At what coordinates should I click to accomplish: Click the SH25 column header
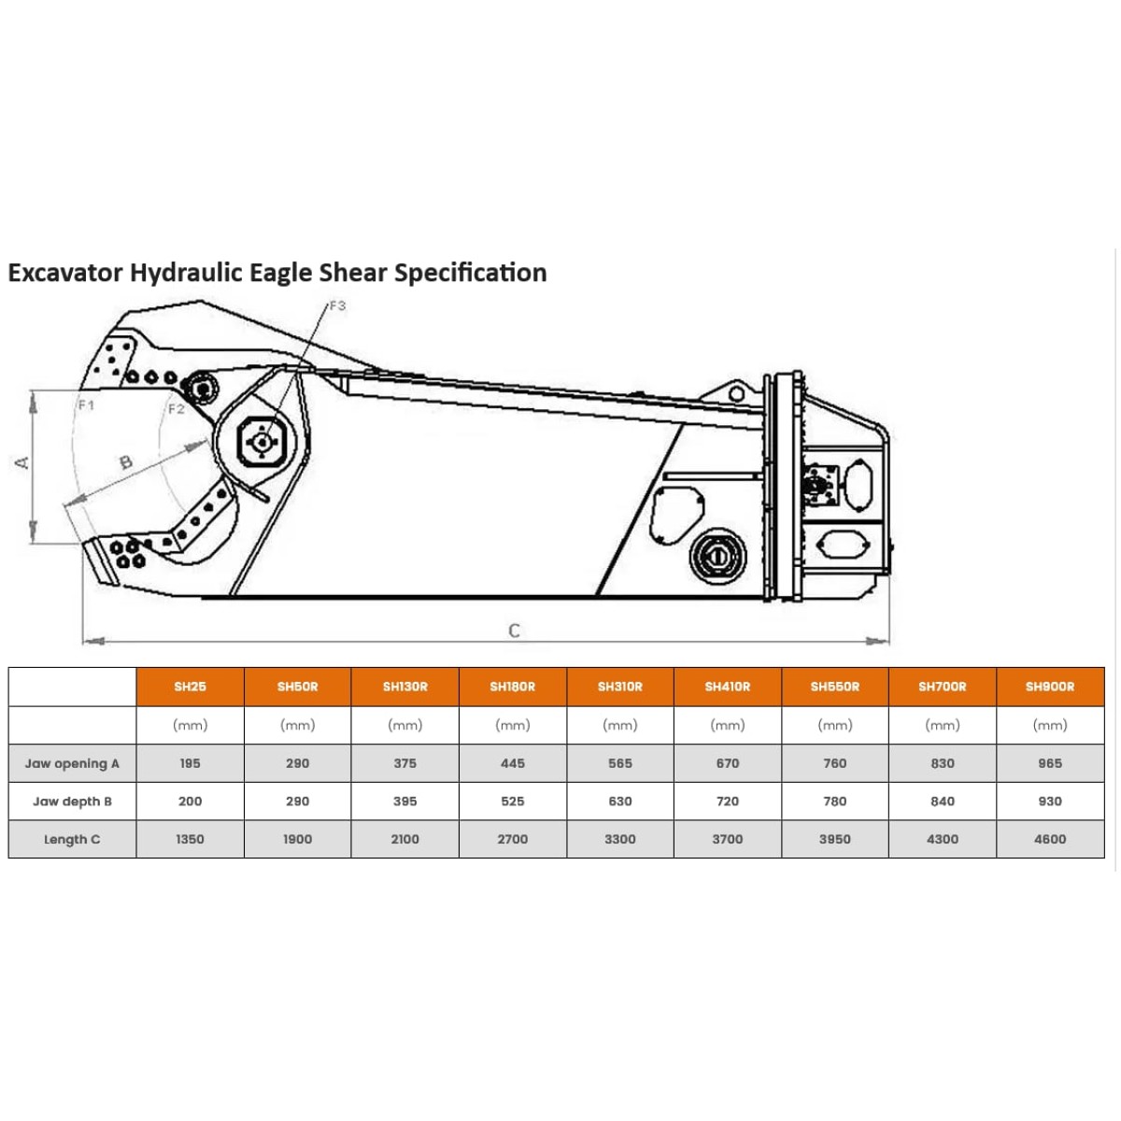click(190, 687)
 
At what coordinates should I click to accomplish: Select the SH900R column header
click(1049, 687)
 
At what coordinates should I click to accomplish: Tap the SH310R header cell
click(619, 687)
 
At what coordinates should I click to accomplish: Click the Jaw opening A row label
click(72, 763)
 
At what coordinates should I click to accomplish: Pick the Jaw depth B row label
click(72, 801)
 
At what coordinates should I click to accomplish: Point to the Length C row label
click(72, 839)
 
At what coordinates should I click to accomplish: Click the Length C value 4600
click(1049, 839)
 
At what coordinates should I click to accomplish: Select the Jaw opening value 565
click(619, 763)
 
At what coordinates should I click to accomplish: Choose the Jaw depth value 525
click(512, 801)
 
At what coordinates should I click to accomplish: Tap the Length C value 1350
click(190, 839)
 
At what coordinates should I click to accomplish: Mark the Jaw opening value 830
click(942, 763)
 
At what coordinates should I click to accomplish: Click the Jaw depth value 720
click(727, 801)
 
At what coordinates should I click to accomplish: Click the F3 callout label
click(337, 305)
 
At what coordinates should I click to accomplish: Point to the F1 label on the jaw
click(86, 404)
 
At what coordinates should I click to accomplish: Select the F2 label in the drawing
click(177, 409)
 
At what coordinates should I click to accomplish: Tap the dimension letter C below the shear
click(514, 631)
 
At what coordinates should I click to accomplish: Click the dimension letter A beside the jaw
click(21, 463)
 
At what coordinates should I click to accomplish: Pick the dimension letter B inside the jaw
click(126, 462)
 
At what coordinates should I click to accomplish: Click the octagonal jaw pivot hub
click(262, 442)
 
